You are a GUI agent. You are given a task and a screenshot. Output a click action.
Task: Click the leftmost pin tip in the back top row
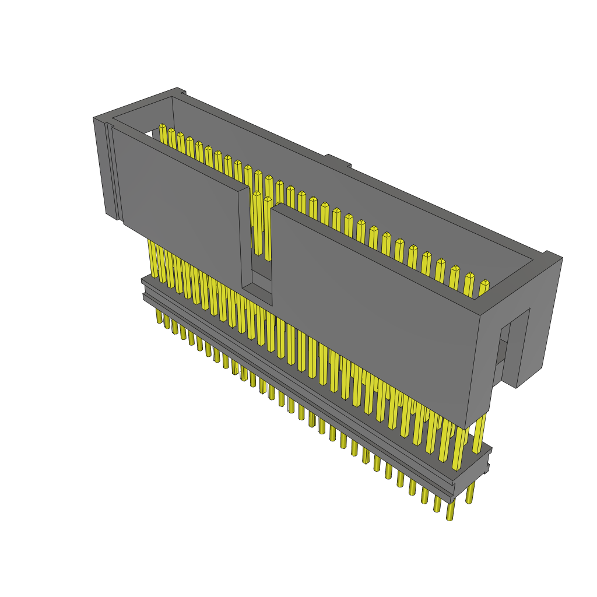[163, 127]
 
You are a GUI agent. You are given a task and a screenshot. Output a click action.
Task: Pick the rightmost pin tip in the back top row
[484, 284]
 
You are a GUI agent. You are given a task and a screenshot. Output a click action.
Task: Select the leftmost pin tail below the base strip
[159, 316]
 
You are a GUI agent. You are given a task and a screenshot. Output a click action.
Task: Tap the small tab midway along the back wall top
[338, 160]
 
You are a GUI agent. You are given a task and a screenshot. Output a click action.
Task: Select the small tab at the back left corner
[181, 91]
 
